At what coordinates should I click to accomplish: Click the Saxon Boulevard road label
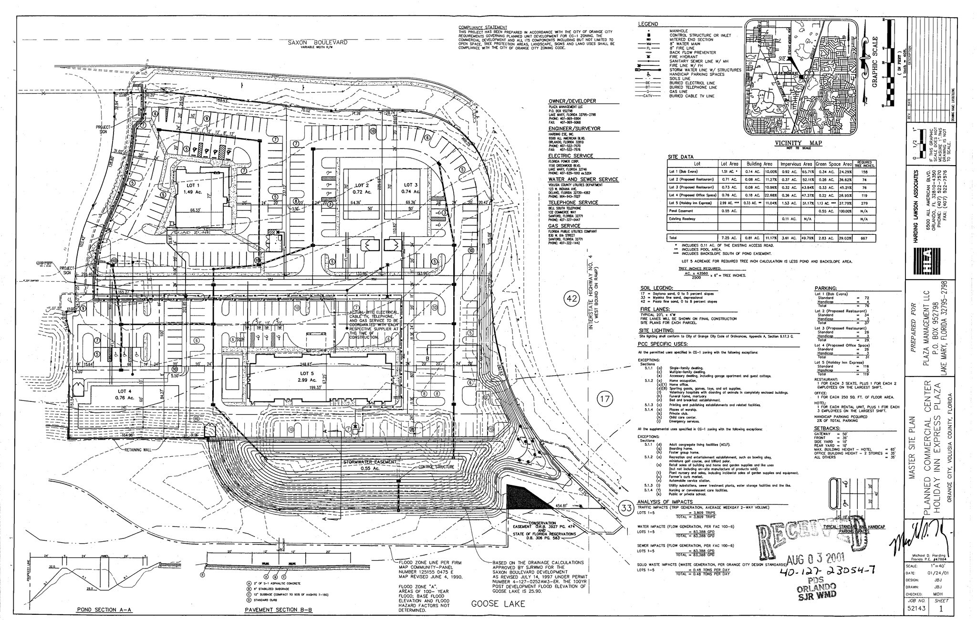coord(318,42)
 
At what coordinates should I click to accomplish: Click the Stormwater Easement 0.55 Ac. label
coord(371,465)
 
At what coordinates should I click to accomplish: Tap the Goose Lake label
coord(498,604)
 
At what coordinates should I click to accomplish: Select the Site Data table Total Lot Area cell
coord(729,238)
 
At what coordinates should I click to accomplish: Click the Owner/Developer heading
coord(572,101)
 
